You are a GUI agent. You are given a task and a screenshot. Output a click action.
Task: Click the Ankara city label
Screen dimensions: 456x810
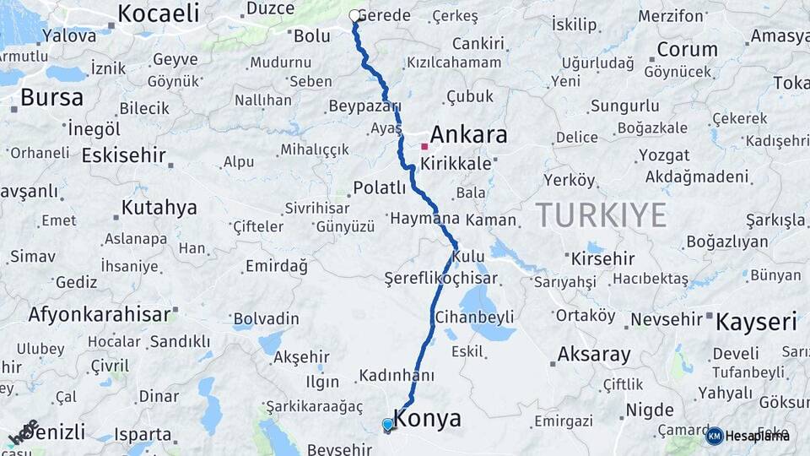(x=468, y=134)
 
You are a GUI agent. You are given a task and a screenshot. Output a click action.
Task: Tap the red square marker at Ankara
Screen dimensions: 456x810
(x=424, y=146)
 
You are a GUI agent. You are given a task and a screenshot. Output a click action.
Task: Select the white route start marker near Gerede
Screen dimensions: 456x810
(x=354, y=15)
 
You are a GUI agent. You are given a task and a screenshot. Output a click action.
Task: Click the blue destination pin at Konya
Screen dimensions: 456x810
(x=387, y=424)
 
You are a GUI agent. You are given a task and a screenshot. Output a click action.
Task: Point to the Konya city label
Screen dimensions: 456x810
(x=428, y=419)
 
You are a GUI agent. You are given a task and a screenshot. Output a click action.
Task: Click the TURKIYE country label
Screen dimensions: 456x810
(x=601, y=215)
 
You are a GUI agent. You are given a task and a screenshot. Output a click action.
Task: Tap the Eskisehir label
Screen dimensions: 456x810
(x=123, y=155)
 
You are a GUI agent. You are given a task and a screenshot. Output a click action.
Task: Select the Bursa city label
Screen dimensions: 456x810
(x=51, y=98)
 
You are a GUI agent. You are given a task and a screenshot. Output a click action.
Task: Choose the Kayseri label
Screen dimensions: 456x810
(x=756, y=322)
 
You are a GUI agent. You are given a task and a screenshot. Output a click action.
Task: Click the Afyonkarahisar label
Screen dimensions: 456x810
(x=100, y=314)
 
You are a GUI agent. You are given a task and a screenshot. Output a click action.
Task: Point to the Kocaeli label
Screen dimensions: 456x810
(x=158, y=13)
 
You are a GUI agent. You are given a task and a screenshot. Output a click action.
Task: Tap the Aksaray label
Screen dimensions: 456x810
(x=594, y=355)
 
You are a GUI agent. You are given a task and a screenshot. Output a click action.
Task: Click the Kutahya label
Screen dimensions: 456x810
(x=159, y=208)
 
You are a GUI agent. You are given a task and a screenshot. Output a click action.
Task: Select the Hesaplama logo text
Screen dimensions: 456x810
(x=758, y=436)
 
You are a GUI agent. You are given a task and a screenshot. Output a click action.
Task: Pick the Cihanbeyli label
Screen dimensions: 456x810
(x=474, y=318)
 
